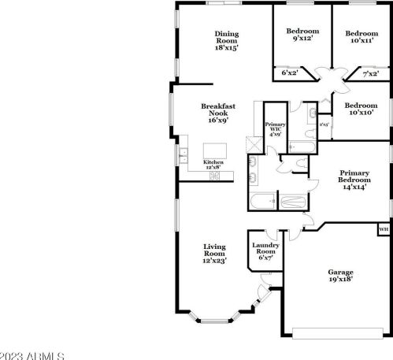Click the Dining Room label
click(x=227, y=40)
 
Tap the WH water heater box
click(x=384, y=229)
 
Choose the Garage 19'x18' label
click(x=340, y=275)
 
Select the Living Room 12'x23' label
click(x=215, y=252)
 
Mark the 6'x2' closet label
click(x=289, y=74)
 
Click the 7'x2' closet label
click(x=371, y=74)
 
